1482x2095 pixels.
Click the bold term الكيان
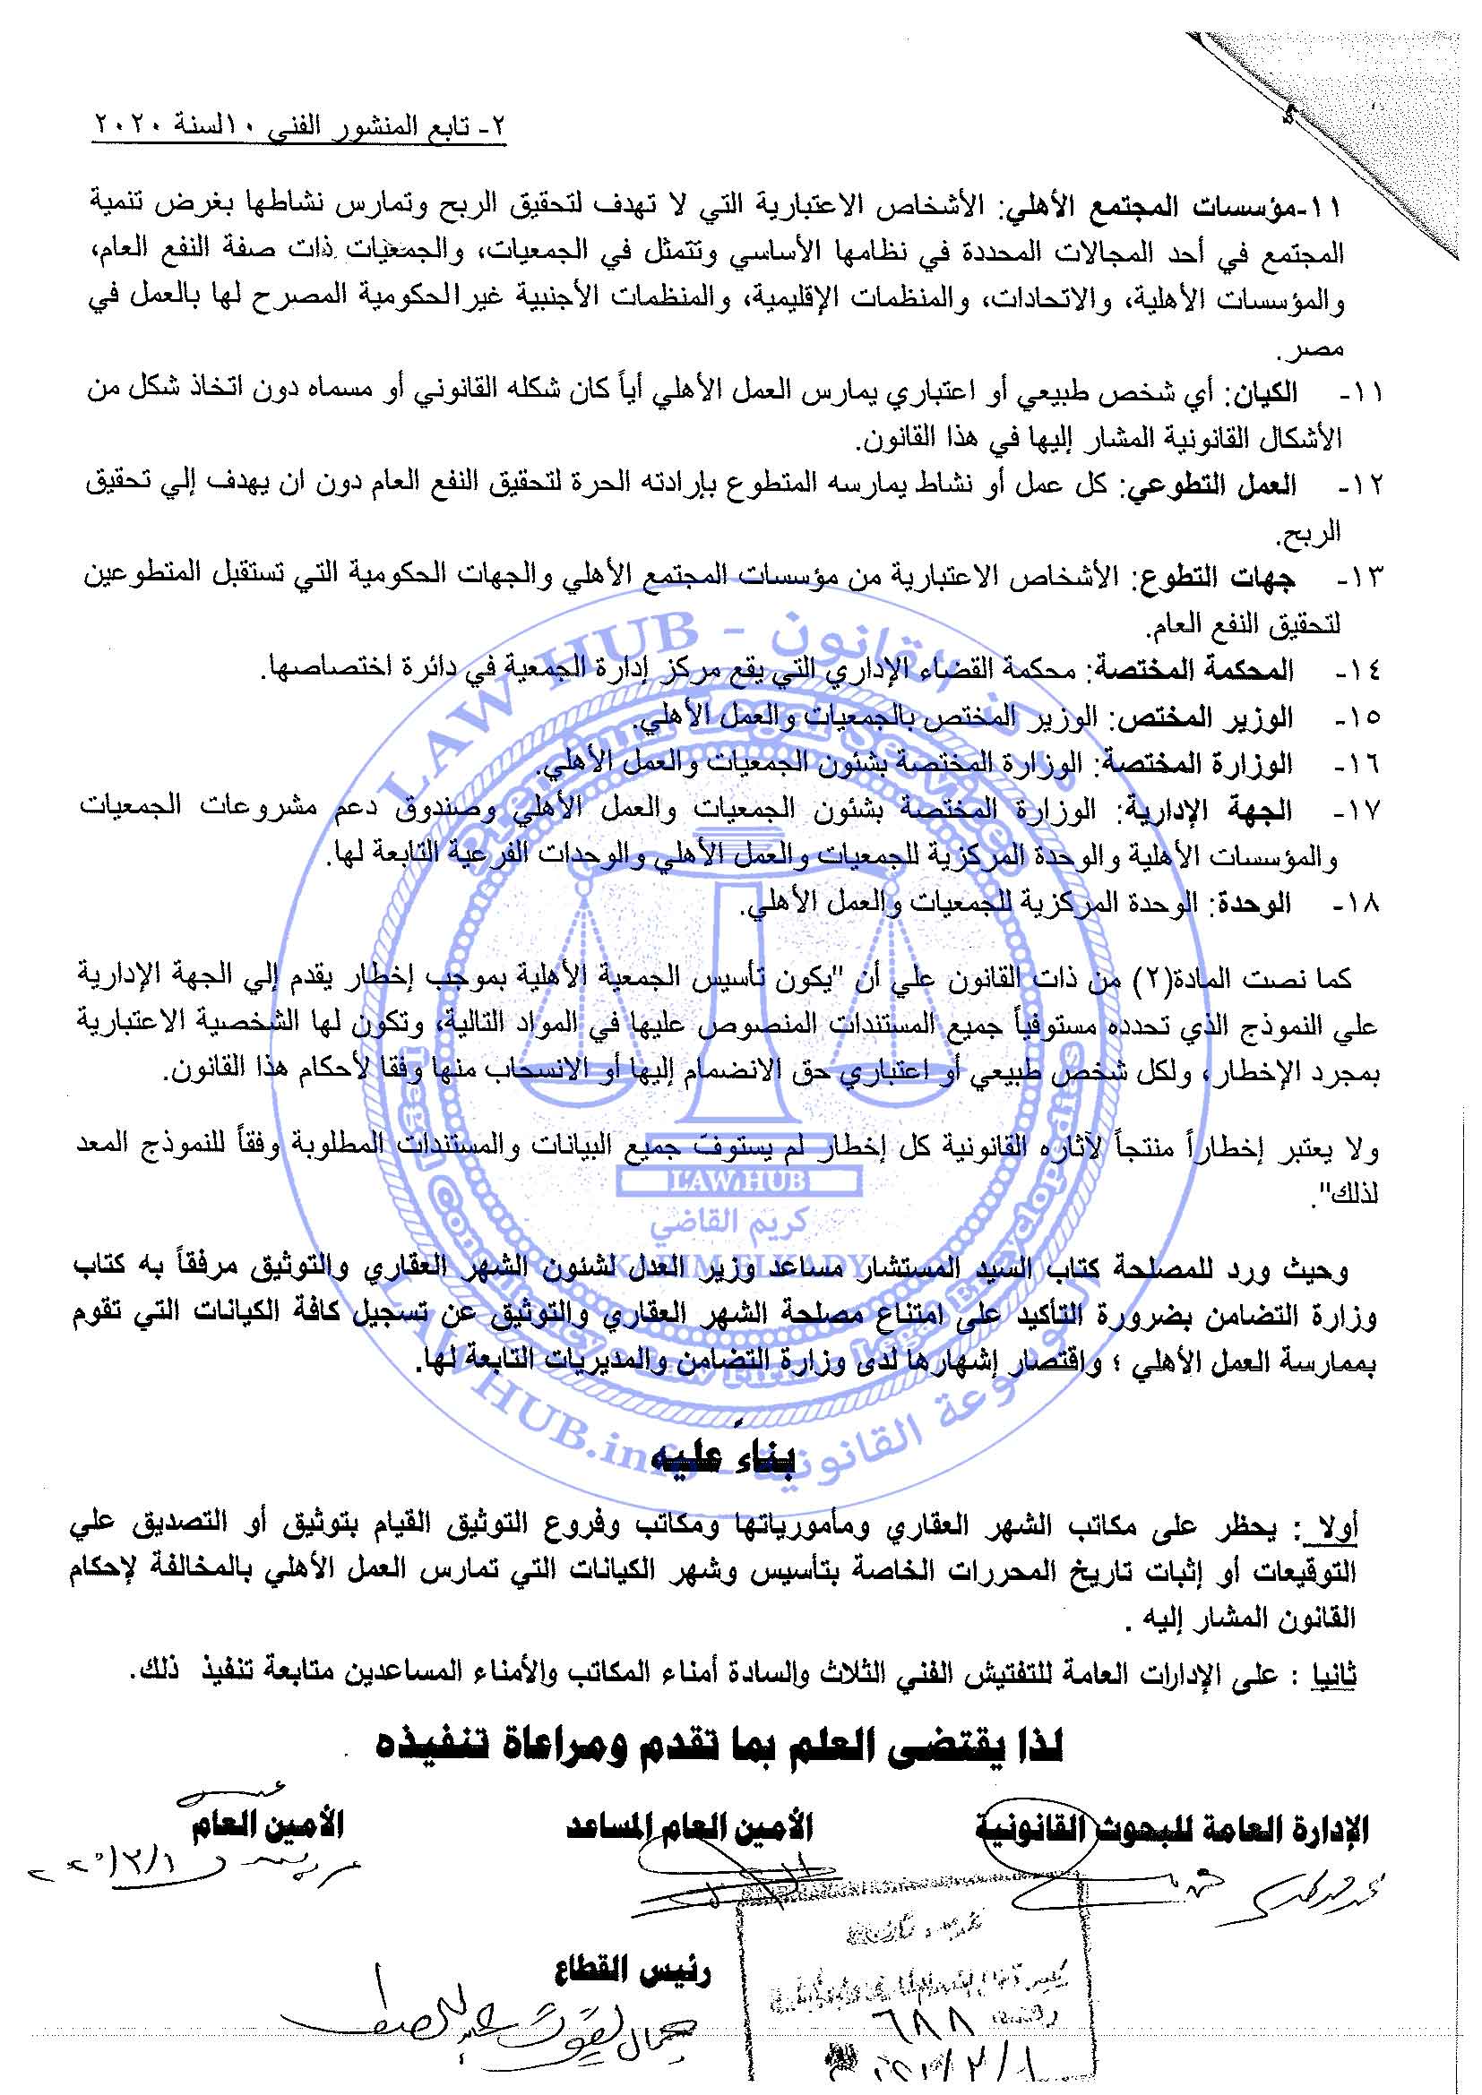(1264, 394)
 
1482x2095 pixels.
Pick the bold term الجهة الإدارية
(1213, 811)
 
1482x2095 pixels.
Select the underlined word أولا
(1332, 1526)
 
